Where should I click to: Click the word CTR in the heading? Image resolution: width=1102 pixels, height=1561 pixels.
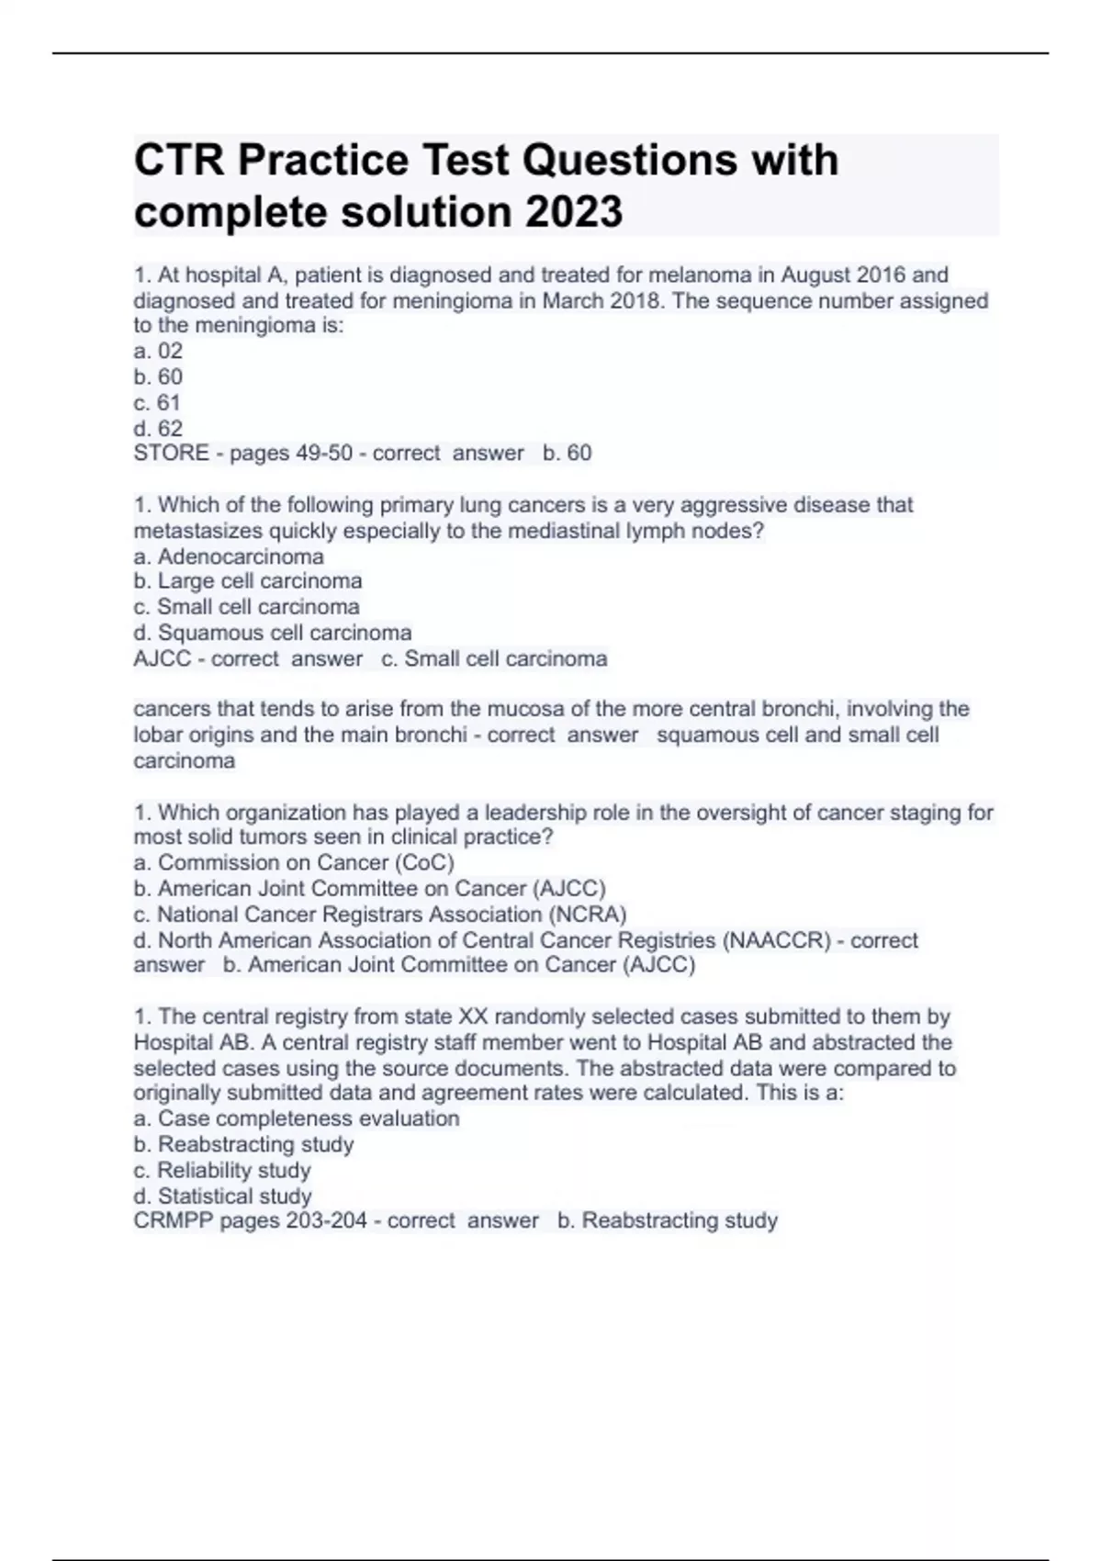pyautogui.click(x=179, y=161)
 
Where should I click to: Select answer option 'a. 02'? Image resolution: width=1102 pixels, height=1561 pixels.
pyautogui.click(x=158, y=351)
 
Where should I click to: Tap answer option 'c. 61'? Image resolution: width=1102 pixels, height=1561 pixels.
pyautogui.click(x=157, y=402)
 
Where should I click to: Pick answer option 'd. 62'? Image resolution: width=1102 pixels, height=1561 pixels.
pyautogui.click(x=158, y=428)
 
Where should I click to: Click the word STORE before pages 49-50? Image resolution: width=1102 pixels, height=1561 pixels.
pyautogui.click(x=171, y=453)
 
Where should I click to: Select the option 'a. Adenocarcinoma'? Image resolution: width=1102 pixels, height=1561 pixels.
pyautogui.click(x=229, y=556)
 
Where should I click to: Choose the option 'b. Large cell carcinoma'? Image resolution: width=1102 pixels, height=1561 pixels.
pyautogui.click(x=248, y=581)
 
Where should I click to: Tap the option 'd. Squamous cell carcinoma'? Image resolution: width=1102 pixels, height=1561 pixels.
pyautogui.click(x=273, y=633)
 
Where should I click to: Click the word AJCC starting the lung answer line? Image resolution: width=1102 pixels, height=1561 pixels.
pyautogui.click(x=162, y=658)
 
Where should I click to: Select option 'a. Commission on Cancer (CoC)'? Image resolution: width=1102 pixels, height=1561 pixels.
pyautogui.click(x=294, y=862)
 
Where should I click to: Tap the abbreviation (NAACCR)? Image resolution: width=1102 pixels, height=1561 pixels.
pyautogui.click(x=777, y=940)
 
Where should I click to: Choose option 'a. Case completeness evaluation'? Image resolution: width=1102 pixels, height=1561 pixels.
pyautogui.click(x=297, y=1118)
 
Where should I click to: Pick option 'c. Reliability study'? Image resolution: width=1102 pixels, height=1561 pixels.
pyautogui.click(x=222, y=1170)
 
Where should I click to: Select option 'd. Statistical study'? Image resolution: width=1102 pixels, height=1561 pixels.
pyautogui.click(x=222, y=1196)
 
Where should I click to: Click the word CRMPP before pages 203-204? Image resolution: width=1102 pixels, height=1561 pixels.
pyautogui.click(x=173, y=1220)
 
